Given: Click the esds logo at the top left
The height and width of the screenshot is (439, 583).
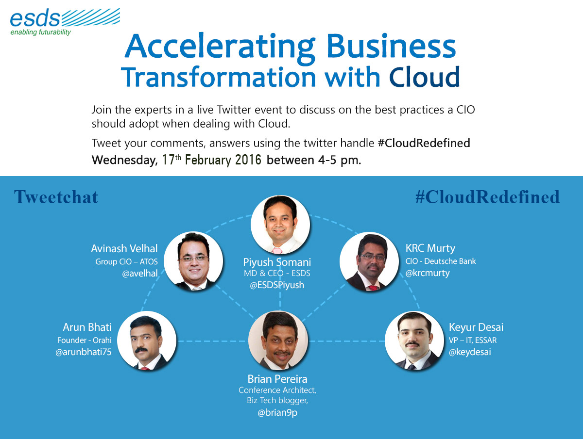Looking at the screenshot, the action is tap(65, 22).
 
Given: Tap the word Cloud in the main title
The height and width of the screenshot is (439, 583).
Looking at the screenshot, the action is tap(425, 77).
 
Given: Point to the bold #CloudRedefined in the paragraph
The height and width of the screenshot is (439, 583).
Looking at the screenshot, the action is tap(424, 143).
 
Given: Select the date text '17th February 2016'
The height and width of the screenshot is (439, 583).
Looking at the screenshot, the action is tap(212, 160).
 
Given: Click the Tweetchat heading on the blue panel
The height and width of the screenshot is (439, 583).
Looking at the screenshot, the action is tap(56, 197).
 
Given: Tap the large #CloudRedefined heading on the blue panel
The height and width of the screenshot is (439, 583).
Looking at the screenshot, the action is tap(487, 197).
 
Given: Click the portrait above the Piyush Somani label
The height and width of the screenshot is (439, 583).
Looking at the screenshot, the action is tap(280, 224).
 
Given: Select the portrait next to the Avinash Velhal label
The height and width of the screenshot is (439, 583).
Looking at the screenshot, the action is tap(193, 261).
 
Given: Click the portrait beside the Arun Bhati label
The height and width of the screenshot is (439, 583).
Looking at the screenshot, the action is tap(147, 341).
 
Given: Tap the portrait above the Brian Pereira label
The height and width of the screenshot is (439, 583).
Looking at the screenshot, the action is tap(278, 341).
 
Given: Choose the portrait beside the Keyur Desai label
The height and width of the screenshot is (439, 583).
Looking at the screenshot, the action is tap(414, 341).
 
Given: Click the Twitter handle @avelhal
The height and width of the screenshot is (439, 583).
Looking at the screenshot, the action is tap(140, 273).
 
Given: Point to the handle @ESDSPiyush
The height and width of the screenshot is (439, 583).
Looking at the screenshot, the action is tap(277, 285).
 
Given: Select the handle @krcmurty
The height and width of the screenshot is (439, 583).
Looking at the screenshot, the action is tap(428, 273).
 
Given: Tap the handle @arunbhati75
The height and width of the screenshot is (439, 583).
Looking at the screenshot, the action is tap(84, 352).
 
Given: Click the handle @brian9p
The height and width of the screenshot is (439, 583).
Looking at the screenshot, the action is tap(277, 413).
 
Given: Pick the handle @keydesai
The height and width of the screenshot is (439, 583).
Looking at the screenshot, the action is tap(470, 352).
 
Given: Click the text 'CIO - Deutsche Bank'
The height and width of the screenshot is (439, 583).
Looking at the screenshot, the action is tap(441, 261).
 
